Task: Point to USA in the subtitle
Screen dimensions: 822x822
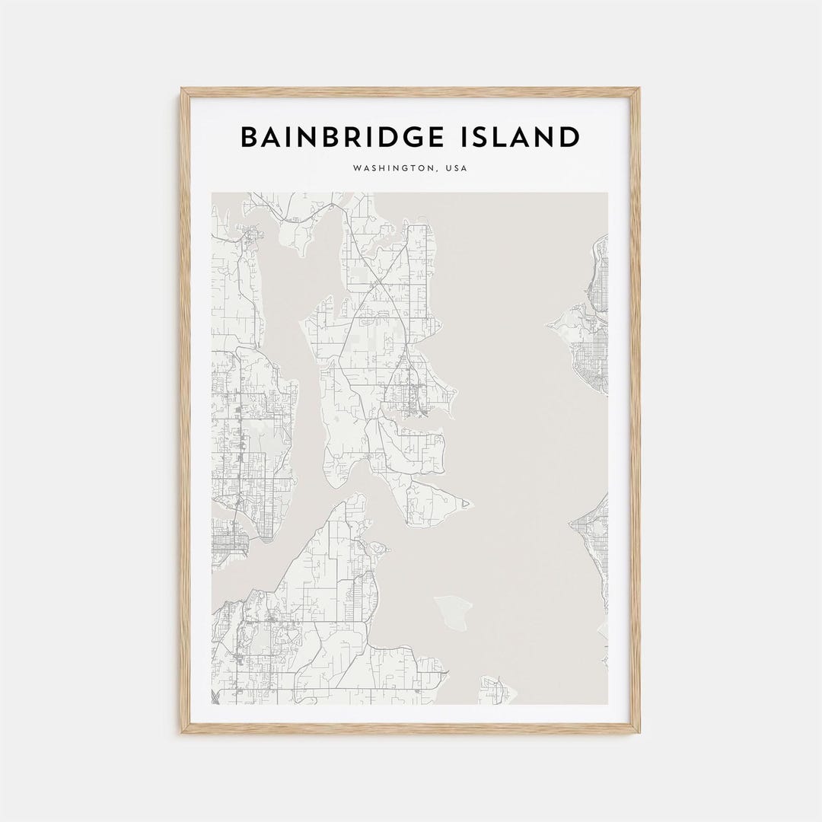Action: (456, 169)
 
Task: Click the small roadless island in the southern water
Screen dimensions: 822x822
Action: (454, 611)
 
